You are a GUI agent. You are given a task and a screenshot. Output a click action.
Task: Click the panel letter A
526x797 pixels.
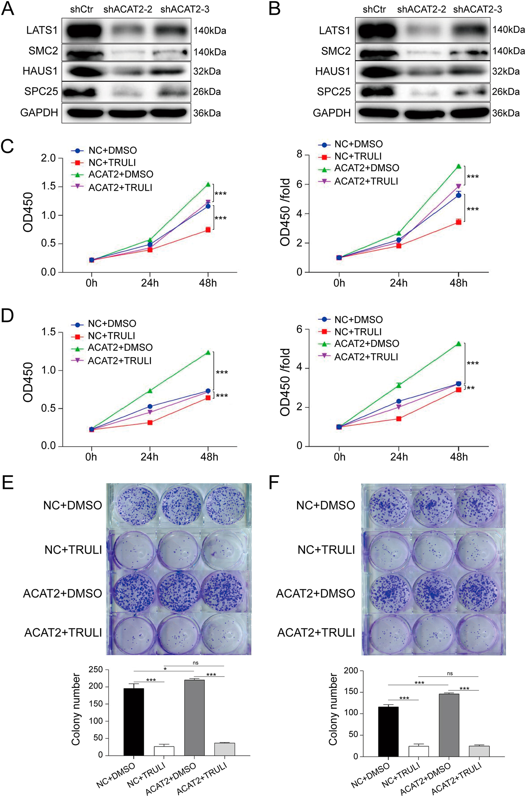(x=8, y=9)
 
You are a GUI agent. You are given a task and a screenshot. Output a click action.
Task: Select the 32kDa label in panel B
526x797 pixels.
(x=506, y=72)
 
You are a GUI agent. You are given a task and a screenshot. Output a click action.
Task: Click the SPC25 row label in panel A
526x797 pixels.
(x=41, y=92)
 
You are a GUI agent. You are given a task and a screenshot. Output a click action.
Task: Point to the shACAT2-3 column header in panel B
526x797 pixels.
(x=477, y=10)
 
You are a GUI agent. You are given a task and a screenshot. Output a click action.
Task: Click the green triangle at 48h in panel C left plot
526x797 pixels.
(x=208, y=185)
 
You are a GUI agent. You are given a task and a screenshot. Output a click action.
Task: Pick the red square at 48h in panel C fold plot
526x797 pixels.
(x=458, y=222)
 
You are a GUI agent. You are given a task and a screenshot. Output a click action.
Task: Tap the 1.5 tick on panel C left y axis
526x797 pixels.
(x=48, y=187)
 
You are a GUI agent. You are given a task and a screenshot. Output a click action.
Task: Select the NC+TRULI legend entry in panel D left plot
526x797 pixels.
(x=111, y=336)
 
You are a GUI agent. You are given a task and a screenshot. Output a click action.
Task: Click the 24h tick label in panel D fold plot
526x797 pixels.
(x=399, y=457)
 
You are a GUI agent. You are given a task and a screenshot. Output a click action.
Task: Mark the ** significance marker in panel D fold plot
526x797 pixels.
(x=471, y=388)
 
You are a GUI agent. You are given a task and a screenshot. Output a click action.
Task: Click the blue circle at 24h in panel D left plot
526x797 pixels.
(x=150, y=407)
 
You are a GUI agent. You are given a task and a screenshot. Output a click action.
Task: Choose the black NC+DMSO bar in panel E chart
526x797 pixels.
(x=133, y=722)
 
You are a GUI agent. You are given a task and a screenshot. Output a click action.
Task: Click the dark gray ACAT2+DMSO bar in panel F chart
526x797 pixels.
(x=449, y=725)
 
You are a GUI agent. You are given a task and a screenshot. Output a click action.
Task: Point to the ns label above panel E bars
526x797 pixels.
(x=195, y=663)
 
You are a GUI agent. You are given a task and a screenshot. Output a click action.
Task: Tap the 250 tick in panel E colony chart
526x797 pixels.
(x=95, y=670)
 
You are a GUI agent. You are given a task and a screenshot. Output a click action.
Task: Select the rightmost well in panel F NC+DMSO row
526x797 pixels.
(x=477, y=507)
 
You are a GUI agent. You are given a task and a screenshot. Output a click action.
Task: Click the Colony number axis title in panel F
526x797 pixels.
(x=333, y=709)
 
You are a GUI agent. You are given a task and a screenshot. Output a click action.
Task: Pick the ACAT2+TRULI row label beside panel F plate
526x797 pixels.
(x=316, y=633)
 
